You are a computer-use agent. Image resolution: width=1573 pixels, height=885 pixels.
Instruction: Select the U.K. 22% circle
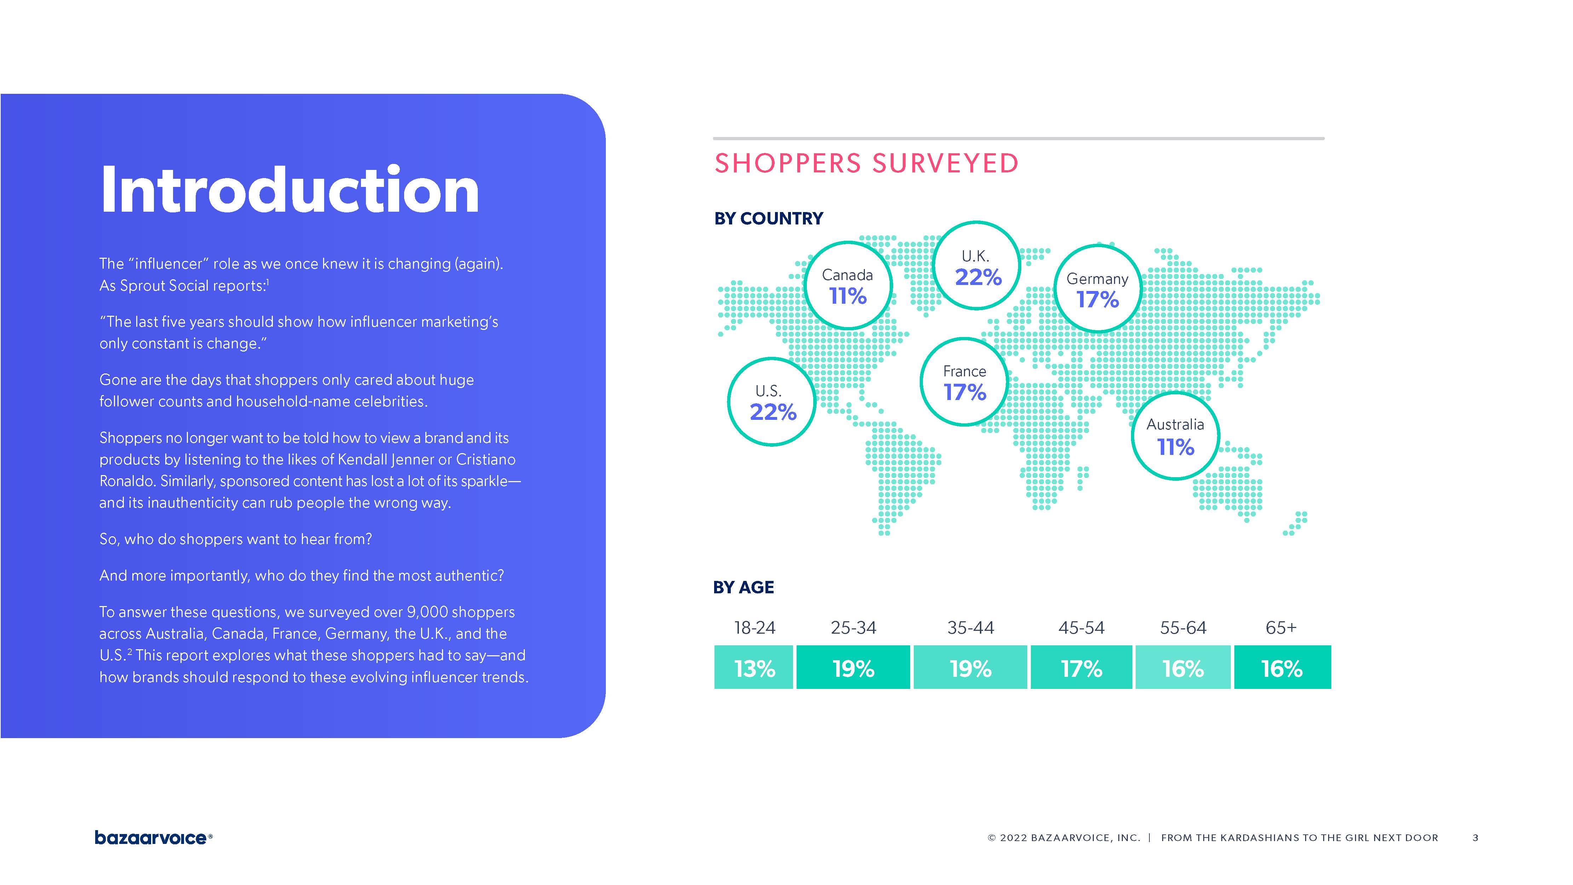pyautogui.click(x=977, y=266)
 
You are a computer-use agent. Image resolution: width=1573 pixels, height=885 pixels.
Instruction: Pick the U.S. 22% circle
pyautogui.click(x=772, y=402)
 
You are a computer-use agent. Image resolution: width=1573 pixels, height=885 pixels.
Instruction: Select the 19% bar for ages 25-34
pyautogui.click(x=853, y=668)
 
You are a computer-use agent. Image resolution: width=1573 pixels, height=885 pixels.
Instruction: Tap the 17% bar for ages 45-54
pyautogui.click(x=1081, y=668)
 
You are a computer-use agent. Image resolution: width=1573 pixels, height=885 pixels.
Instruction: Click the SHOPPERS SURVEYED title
pyautogui.click(x=866, y=164)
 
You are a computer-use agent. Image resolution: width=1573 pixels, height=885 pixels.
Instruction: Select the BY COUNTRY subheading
pyautogui.click(x=768, y=219)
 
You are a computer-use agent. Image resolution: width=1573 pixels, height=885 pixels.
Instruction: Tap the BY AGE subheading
pyautogui.click(x=743, y=588)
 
